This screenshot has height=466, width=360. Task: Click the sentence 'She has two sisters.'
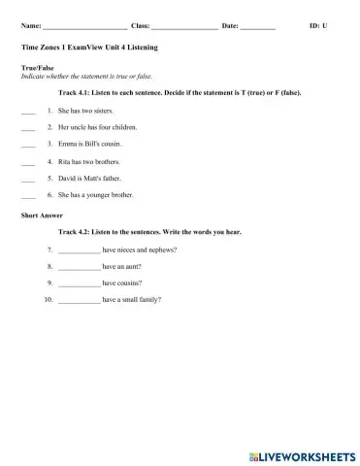[87, 111]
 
